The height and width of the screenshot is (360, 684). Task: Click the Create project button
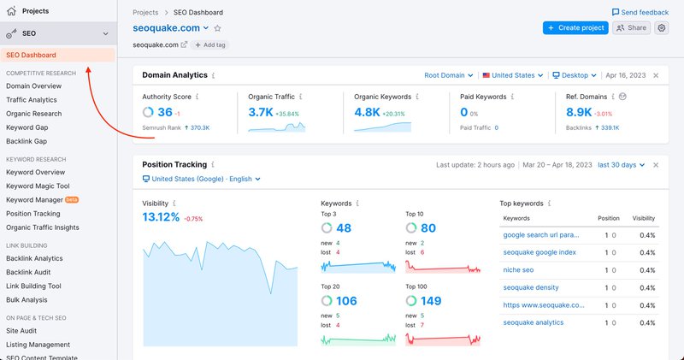click(575, 28)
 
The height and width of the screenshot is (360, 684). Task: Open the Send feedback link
click(640, 13)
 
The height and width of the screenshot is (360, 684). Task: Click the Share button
click(632, 28)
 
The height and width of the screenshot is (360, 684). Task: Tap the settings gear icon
click(662, 28)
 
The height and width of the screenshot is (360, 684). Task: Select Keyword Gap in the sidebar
click(27, 127)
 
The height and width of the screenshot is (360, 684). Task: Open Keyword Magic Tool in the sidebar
click(38, 186)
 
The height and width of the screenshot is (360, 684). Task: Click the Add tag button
click(209, 44)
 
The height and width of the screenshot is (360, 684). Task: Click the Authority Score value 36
click(165, 112)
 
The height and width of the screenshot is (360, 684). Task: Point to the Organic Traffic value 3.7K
click(260, 112)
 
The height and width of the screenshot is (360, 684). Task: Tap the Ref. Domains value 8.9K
click(578, 112)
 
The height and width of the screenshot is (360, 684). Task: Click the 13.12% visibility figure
click(161, 217)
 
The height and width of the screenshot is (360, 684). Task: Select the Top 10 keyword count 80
click(428, 228)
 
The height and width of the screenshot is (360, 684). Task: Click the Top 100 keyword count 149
click(431, 300)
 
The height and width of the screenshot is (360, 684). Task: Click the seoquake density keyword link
click(531, 288)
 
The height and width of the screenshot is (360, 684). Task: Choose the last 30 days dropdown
click(619, 164)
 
